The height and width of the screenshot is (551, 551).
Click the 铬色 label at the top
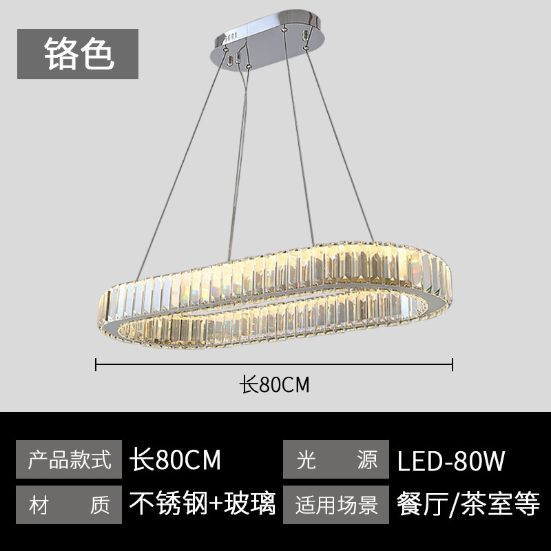(x=78, y=53)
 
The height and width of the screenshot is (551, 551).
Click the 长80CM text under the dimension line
(x=274, y=384)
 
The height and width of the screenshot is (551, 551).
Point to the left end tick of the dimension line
(x=96, y=363)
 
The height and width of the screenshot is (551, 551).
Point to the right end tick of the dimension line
(x=453, y=363)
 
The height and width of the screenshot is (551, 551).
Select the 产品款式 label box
(x=68, y=459)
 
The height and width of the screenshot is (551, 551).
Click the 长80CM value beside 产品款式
(x=176, y=459)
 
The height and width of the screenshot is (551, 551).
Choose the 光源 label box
(x=337, y=459)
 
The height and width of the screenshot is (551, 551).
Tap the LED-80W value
(x=451, y=460)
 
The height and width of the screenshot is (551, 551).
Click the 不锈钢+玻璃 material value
(x=202, y=504)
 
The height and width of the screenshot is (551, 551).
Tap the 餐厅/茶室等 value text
(x=468, y=504)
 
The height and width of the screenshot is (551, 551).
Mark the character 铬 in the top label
(x=60, y=53)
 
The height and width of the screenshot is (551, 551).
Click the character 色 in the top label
(x=96, y=53)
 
